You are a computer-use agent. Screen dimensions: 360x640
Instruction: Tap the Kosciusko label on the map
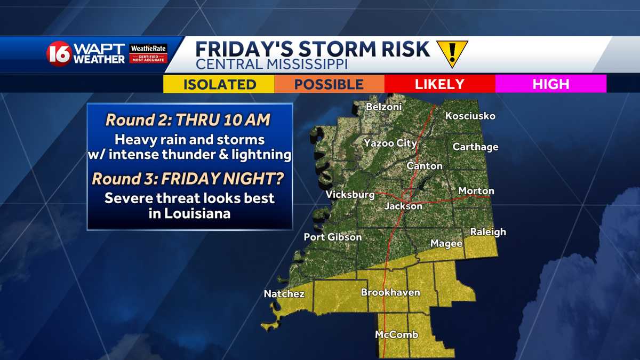click(470, 116)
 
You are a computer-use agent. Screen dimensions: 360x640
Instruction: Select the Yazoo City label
click(390, 143)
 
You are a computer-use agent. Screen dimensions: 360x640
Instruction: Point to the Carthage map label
click(475, 147)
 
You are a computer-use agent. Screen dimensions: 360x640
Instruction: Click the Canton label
click(425, 166)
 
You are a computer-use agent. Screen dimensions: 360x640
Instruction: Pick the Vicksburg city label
click(350, 194)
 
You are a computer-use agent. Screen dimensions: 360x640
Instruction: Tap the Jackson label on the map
click(403, 206)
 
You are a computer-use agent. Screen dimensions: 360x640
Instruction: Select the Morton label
click(476, 190)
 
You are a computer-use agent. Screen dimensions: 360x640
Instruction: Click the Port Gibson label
click(333, 237)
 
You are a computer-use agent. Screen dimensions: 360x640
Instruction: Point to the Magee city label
click(446, 243)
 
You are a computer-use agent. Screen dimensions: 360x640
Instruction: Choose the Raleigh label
click(487, 232)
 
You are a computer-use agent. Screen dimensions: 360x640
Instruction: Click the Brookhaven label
click(390, 292)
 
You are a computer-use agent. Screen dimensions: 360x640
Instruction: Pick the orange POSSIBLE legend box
click(329, 84)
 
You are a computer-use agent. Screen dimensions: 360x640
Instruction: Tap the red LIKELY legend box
click(439, 84)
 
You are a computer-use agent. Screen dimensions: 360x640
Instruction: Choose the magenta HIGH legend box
click(550, 84)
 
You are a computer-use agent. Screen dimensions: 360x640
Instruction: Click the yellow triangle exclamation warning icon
click(452, 53)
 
